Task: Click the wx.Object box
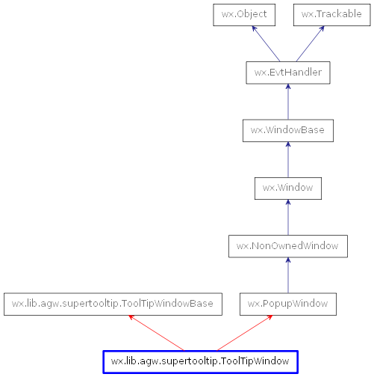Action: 244,14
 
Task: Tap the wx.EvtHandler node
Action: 287,73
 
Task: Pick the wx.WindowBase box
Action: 287,130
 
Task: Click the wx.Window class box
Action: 287,188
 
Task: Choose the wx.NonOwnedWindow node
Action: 287,245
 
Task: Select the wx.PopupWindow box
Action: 287,304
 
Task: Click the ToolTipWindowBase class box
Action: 113,304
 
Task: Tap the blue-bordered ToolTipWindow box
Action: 201,361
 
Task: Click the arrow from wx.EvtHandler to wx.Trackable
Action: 310,44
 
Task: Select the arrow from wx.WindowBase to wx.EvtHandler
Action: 287,102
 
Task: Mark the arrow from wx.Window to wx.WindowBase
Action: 287,159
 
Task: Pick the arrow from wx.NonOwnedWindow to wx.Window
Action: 287,217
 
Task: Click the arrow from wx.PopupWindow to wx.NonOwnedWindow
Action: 287,275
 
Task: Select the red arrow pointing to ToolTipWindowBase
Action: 157,333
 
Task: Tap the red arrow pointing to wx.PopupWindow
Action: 245,333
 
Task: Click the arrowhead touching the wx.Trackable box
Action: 322,30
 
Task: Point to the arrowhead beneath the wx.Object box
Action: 254,30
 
